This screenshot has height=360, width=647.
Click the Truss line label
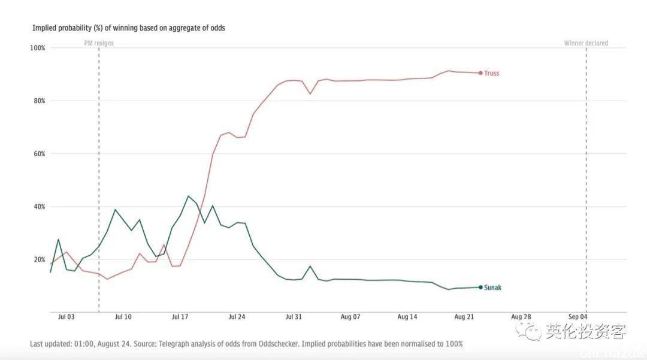tap(491, 73)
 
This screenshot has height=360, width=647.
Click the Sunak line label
tap(492, 288)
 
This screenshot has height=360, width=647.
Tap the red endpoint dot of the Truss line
tap(480, 73)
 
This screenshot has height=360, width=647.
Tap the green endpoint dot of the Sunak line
tap(480, 288)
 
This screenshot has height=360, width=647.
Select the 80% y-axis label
tap(38, 101)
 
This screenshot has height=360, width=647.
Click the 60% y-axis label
tap(38, 154)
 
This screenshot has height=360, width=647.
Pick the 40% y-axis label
tap(38, 207)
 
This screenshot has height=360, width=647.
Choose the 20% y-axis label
tap(38, 259)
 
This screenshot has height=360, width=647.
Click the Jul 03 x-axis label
tap(66, 316)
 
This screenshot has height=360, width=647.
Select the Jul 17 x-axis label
tap(180, 316)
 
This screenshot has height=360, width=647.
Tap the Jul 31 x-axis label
tap(294, 316)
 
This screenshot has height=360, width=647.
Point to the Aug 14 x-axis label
tap(407, 316)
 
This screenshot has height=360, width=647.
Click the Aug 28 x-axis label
tap(521, 316)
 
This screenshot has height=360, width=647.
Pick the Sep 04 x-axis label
tap(578, 316)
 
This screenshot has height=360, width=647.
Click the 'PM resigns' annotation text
tap(98, 43)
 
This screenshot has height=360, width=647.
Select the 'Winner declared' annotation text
tap(586, 43)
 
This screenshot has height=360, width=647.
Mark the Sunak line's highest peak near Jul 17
tap(188, 196)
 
